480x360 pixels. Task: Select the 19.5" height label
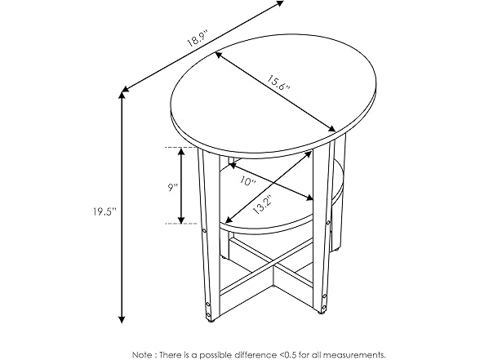click(x=104, y=211)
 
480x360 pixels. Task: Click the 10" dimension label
click(x=248, y=180)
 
